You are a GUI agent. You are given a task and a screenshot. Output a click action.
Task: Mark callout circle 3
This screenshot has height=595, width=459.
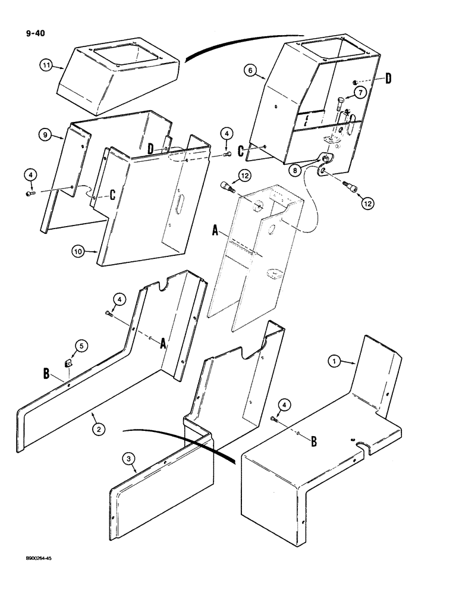point(128,459)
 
